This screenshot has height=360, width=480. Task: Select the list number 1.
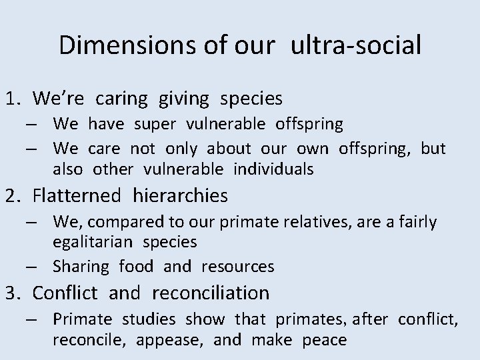[13, 99]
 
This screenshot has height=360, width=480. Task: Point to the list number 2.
[13, 196]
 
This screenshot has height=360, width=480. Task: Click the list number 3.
[13, 293]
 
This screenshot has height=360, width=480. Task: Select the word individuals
[273, 169]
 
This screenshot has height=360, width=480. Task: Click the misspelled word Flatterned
[77, 196]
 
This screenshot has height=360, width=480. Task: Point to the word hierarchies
[180, 196]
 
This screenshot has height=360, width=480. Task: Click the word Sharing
[81, 267]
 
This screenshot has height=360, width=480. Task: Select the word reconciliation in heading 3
[211, 293]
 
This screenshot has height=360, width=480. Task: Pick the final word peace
[324, 340]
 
